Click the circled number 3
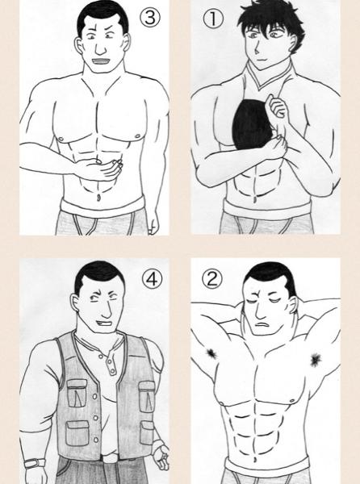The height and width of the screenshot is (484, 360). [x=150, y=17]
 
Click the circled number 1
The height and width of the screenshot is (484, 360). [x=213, y=19]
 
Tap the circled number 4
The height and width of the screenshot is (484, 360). [x=152, y=279]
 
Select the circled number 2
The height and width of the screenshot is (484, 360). [x=212, y=279]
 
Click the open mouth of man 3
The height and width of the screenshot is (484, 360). [x=101, y=61]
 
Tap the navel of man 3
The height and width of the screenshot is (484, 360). [x=98, y=198]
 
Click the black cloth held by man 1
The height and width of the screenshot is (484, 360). [x=251, y=126]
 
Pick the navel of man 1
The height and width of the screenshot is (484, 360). [x=255, y=199]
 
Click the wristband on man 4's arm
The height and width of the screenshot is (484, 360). [x=35, y=463]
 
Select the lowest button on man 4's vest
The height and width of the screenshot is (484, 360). [x=96, y=440]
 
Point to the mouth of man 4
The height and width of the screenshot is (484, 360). [x=105, y=324]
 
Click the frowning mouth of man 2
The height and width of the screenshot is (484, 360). [x=262, y=324]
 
